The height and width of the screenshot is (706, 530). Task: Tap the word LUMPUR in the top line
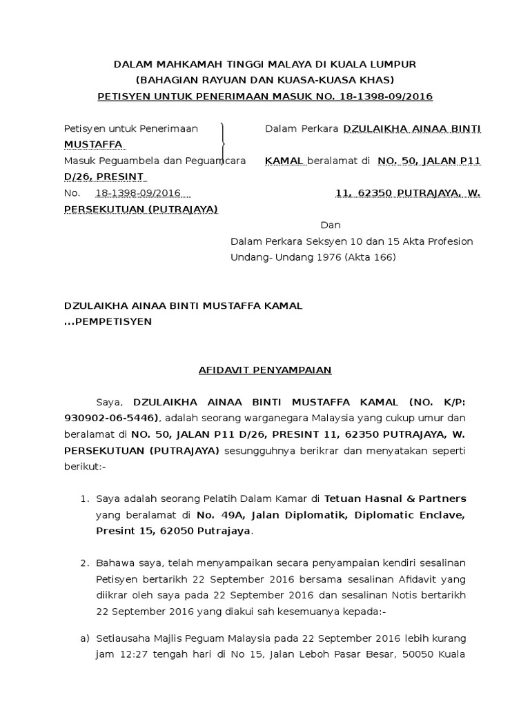pos(394,64)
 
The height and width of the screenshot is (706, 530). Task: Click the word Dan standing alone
pos(330,225)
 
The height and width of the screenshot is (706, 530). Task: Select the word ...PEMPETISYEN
pos(108,321)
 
